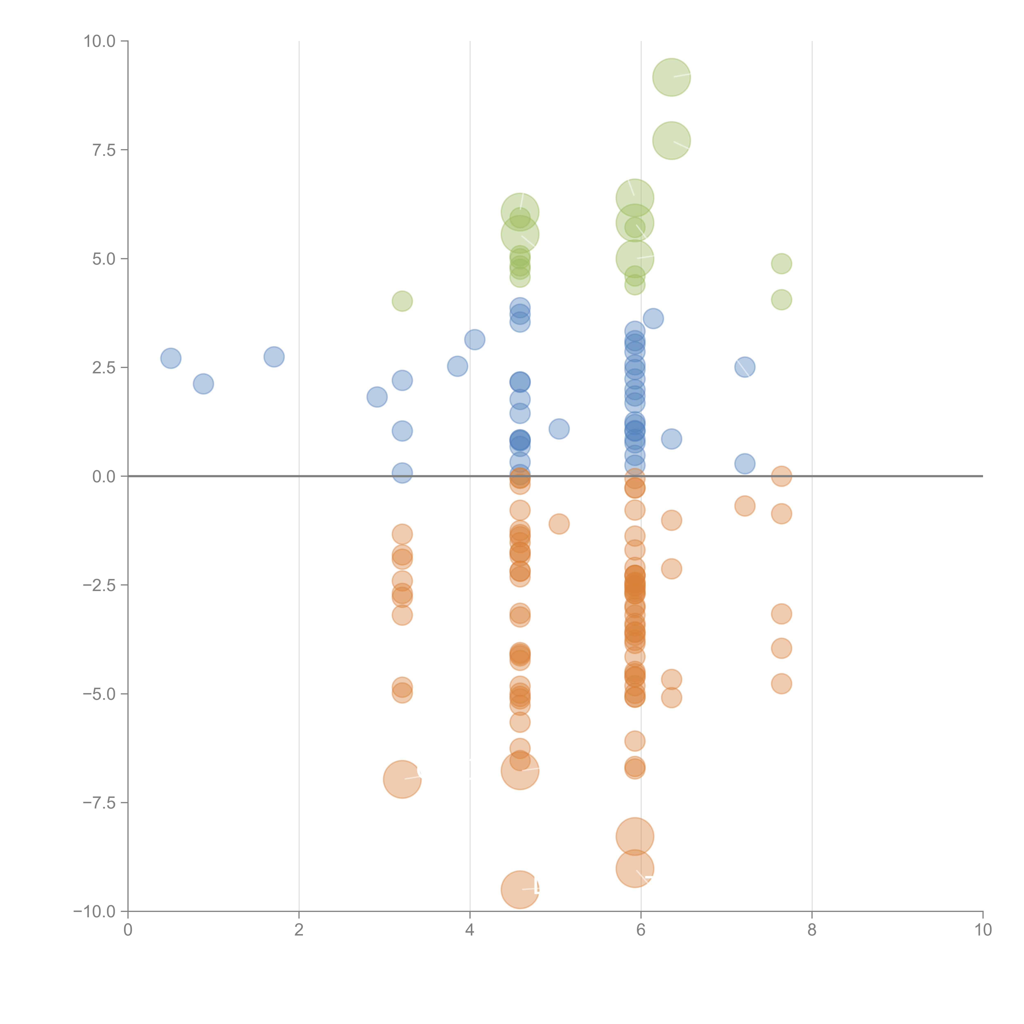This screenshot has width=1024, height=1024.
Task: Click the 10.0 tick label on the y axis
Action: [100, 41]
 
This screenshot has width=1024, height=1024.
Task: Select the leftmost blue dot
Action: [171, 358]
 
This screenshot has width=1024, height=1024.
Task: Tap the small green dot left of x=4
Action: [402, 301]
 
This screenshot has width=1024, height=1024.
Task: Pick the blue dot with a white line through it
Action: [745, 367]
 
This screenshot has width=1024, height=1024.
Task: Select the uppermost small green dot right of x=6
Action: [781, 263]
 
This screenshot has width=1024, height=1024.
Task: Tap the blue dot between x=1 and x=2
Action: [274, 357]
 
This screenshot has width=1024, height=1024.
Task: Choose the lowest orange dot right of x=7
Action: [781, 684]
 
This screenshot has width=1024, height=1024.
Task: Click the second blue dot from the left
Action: [204, 384]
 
